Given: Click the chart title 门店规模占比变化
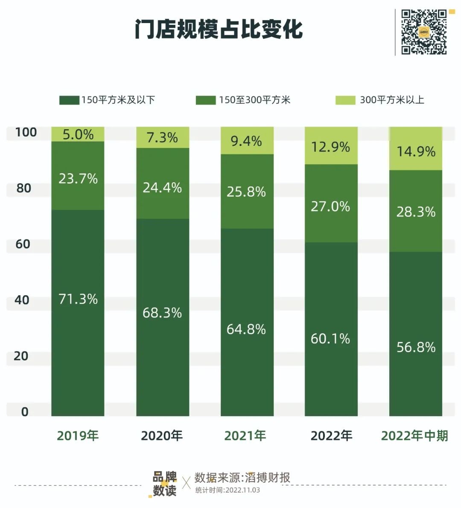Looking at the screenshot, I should point(219,29).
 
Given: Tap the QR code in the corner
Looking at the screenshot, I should point(424,32).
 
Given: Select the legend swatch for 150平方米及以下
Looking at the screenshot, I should point(69,100).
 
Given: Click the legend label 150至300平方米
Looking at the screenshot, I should point(255,100).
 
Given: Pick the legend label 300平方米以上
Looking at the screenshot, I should point(392,100).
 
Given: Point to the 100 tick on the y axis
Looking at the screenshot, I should point(26,132).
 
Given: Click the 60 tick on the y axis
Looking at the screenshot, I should point(23,244).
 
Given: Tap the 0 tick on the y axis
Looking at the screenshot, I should point(25,412).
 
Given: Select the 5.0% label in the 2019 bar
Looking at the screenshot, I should point(78,135).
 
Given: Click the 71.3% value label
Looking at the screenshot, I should point(78,299).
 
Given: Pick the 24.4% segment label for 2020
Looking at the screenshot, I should point(162,188).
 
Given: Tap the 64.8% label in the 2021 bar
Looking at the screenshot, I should point(246,329).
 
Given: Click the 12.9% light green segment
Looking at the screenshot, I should point(331,147).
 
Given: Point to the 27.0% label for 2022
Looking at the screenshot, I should point(330,207).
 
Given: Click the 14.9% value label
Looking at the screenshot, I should point(416,151).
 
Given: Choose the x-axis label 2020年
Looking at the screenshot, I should point(162,435).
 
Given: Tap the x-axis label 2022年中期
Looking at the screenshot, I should point(414,435).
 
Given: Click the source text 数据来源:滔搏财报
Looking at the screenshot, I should point(242,477).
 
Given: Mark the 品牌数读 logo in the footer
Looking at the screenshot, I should point(164,484).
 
